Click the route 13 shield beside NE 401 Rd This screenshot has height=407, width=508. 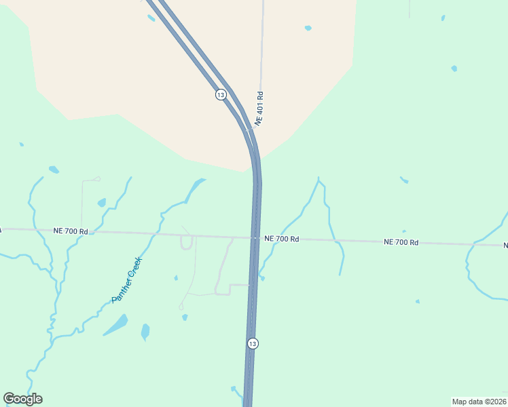tap(221, 95)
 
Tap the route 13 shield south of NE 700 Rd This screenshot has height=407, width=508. tap(253, 344)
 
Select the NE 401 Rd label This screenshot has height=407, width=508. tap(259, 107)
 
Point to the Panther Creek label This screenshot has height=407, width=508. tap(127, 279)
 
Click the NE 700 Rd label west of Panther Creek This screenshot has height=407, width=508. tap(71, 231)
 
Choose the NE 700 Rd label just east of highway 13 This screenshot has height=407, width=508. tap(282, 239)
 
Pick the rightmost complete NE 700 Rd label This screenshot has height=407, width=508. tap(401, 242)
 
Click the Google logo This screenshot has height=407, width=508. tap(23, 399)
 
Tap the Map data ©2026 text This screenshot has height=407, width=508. tap(479, 402)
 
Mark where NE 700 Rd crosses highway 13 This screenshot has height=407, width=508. tap(255, 238)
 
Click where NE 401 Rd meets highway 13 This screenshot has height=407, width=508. tap(249, 127)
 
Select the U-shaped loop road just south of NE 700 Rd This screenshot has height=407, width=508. tap(186, 244)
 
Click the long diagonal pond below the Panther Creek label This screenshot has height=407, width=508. tap(115, 325)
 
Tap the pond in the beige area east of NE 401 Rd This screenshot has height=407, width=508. tap(308, 28)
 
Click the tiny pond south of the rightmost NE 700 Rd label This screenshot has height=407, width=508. tap(417, 301)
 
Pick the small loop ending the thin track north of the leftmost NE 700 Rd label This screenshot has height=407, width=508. tap(97, 179)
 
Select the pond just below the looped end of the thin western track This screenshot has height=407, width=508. tap(102, 202)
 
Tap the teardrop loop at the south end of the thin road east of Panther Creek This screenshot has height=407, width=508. tap(181, 307)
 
